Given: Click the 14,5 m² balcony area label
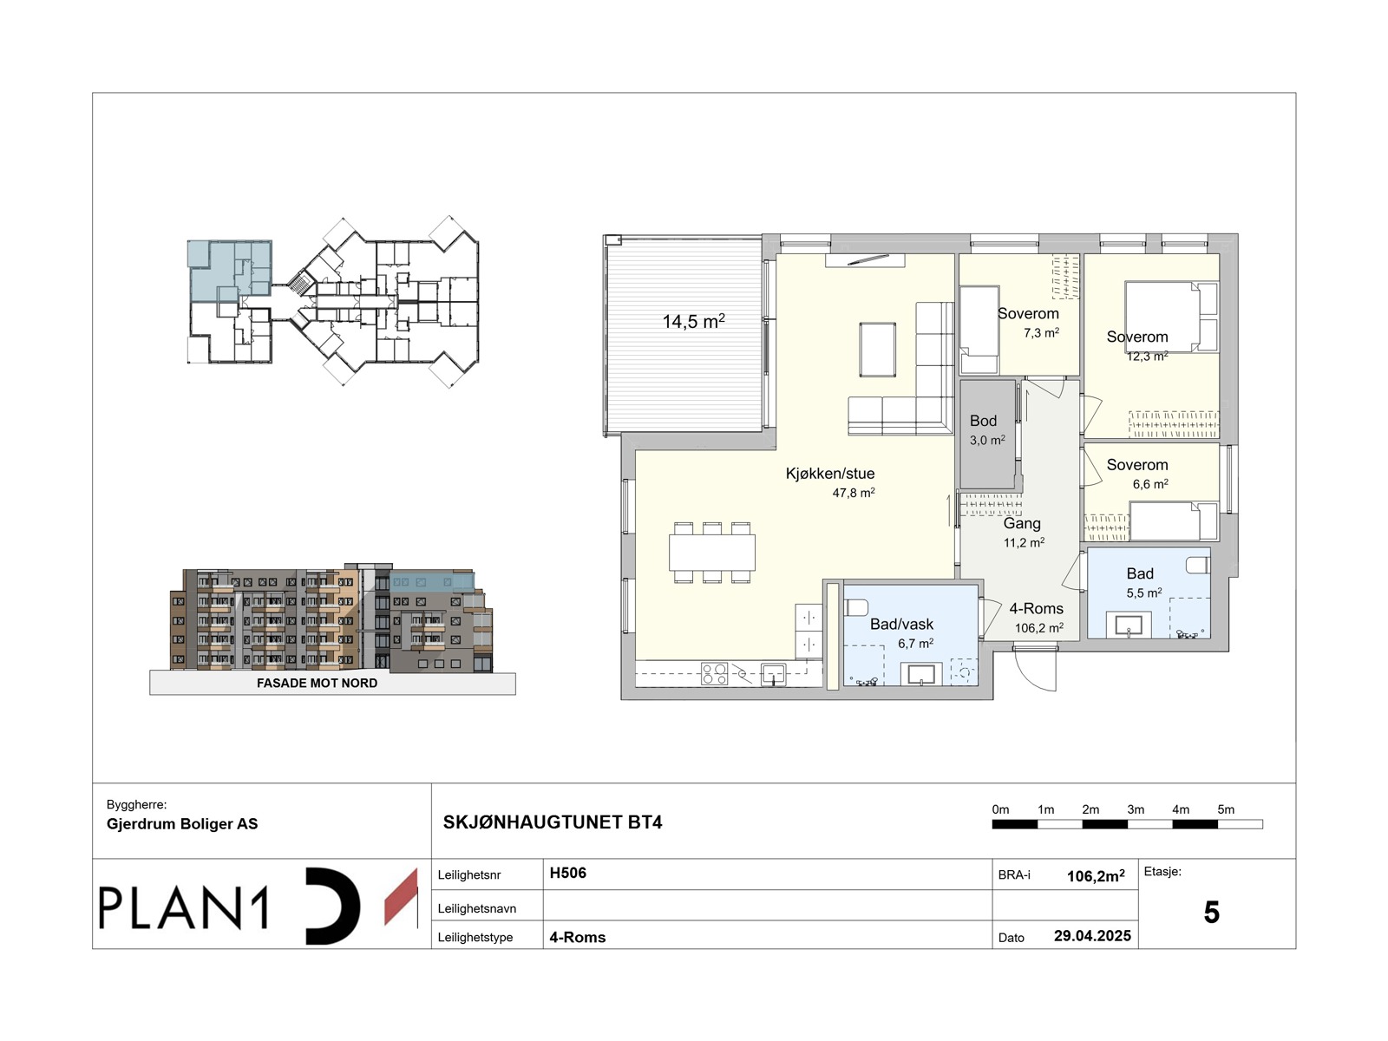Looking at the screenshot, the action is [693, 321].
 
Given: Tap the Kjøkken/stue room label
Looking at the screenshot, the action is [829, 474].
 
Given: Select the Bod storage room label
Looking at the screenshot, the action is [983, 421].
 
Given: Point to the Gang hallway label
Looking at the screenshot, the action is [1021, 523].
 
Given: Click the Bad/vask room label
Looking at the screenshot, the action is [901, 624].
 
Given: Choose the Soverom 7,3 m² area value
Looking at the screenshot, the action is [1041, 332].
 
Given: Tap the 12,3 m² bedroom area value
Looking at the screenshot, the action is [1147, 357].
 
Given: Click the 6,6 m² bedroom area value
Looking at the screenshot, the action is [1149, 484].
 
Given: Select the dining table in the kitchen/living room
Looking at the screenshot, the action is [711, 553].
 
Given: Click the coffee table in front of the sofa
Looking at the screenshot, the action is [877, 350].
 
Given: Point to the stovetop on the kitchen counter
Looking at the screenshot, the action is [714, 674].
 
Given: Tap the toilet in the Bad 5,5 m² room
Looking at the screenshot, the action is [1198, 565].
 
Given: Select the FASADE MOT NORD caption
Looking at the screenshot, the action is [317, 684].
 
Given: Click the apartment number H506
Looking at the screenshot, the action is [567, 873].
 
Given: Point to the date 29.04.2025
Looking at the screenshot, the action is [1092, 936].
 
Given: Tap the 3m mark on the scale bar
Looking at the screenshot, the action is [1135, 809].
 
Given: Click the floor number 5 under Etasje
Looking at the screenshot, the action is [1211, 912].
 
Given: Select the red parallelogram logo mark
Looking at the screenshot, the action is [401, 898].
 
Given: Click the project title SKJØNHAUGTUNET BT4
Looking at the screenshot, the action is [552, 822].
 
